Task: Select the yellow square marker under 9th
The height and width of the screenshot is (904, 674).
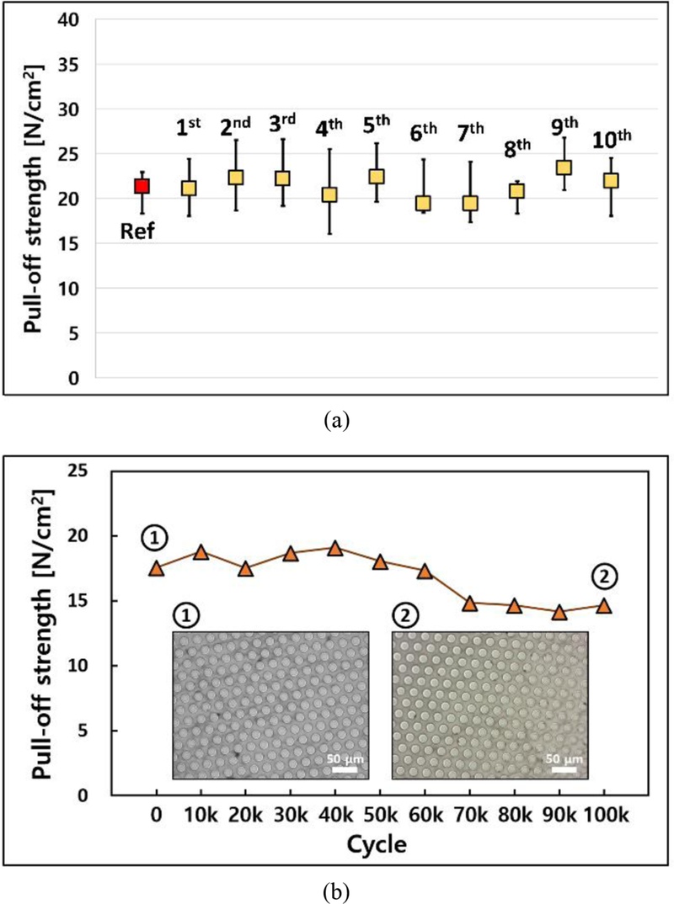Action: coord(563,167)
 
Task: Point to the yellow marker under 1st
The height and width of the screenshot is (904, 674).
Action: coord(189,189)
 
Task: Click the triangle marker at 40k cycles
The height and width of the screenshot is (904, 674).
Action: coord(334,548)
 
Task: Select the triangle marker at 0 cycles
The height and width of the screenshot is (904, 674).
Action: coord(156,568)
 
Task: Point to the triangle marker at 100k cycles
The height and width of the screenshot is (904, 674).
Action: coord(603,605)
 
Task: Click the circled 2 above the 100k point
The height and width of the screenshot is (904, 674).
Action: coord(605,576)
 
